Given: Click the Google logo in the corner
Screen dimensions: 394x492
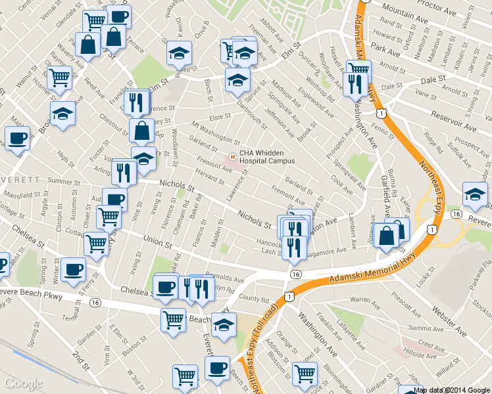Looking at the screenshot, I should (24, 383).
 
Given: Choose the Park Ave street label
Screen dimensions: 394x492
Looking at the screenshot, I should (385, 48).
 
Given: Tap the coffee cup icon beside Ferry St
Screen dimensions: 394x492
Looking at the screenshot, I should (73, 269).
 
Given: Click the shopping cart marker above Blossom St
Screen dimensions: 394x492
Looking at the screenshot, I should (305, 374).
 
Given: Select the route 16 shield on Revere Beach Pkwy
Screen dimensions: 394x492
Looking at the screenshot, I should (96, 303).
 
